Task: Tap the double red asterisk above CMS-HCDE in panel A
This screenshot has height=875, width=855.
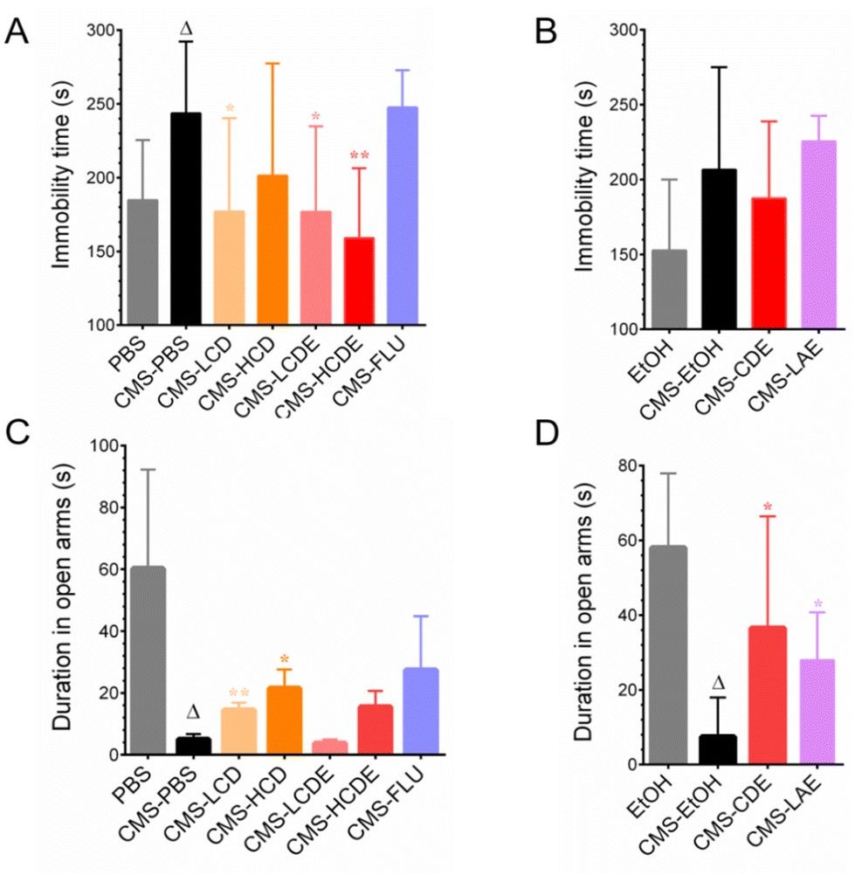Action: point(360,155)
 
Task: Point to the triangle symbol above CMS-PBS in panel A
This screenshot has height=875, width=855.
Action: point(186,30)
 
